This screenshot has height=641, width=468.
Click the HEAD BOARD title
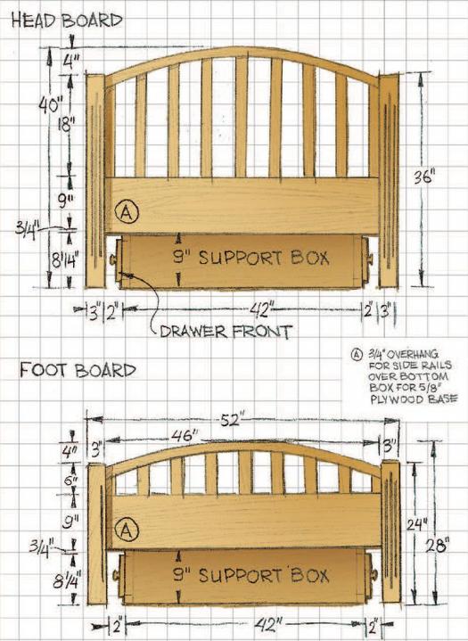[x=67, y=21]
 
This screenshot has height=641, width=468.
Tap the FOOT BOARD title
[x=78, y=370]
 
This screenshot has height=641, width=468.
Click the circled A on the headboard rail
[x=127, y=212]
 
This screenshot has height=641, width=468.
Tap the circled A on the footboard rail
[x=127, y=530]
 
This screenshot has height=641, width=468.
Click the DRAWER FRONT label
[x=226, y=332]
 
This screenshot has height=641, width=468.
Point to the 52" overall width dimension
[x=232, y=420]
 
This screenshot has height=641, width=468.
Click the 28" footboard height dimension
[x=438, y=545]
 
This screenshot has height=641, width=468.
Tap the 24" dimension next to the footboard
[x=416, y=524]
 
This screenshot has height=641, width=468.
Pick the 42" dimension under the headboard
[x=260, y=310]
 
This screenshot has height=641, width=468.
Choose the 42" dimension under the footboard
[x=268, y=624]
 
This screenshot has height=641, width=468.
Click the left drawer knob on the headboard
[x=113, y=259]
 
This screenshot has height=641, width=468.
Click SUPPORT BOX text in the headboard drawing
[x=264, y=258]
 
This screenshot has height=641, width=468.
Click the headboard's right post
[x=389, y=180]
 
